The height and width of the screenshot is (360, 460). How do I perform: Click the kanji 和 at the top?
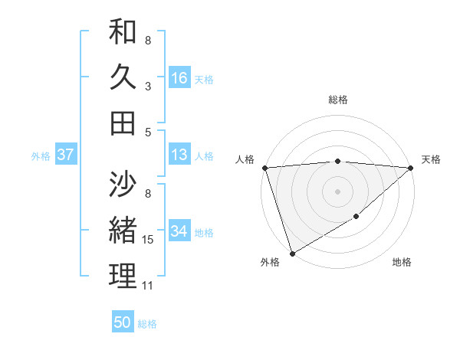click(x=123, y=32)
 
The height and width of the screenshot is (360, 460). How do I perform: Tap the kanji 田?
click(x=123, y=122)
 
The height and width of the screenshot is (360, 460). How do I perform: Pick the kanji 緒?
click(x=123, y=230)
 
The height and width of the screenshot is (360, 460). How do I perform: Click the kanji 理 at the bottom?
click(x=123, y=276)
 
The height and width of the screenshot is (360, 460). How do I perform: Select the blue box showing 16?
click(x=179, y=78)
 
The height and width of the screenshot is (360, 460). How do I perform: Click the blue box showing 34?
click(x=179, y=231)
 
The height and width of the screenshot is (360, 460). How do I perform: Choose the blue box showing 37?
click(x=66, y=155)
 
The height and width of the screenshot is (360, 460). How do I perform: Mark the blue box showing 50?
click(x=123, y=322)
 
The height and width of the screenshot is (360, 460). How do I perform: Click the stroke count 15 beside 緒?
click(x=148, y=241)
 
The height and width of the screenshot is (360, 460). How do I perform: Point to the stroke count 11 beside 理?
click(x=148, y=286)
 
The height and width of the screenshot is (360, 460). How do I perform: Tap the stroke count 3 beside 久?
click(x=148, y=87)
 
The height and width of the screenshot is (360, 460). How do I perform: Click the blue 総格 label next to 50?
click(x=147, y=324)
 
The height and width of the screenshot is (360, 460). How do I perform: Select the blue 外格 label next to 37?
click(x=41, y=156)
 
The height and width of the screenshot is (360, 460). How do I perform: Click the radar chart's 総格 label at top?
click(x=337, y=100)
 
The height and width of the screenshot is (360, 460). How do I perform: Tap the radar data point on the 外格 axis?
click(x=292, y=253)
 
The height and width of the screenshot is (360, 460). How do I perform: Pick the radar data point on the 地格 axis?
click(x=357, y=218)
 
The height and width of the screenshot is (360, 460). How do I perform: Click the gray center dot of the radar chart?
click(x=337, y=191)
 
